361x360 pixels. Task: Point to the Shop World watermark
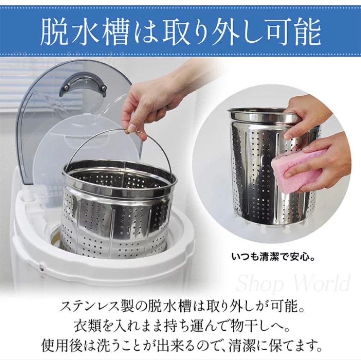coord(293,283)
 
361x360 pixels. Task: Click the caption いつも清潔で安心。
coord(273,257)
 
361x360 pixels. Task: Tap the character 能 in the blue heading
coord(308,32)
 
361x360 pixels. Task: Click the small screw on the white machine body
coord(42,267)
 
